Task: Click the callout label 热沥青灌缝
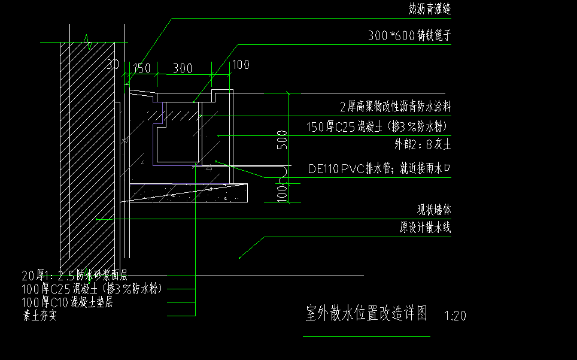click(429, 10)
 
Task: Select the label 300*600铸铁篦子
click(409, 36)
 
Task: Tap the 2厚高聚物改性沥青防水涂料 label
click(395, 107)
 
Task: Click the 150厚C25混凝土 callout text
click(378, 127)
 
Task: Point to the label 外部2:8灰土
click(423, 144)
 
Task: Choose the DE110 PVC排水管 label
click(379, 169)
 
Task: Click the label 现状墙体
click(433, 210)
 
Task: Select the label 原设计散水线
click(425, 228)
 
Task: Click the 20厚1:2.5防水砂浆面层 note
click(75, 276)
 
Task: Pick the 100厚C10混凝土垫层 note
click(67, 302)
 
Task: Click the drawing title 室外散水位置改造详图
click(366, 314)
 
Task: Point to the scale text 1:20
click(455, 316)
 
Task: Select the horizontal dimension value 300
click(183, 69)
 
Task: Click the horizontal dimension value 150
click(141, 68)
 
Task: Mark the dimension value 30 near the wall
click(113, 64)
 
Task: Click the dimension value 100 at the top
click(241, 65)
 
